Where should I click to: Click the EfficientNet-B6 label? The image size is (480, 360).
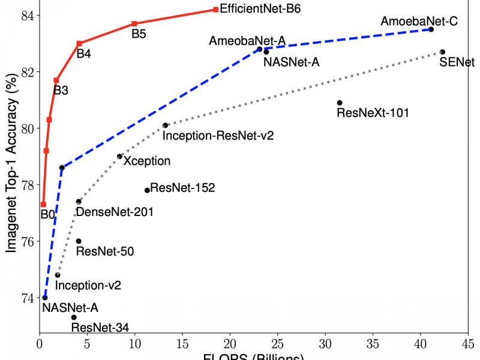(x=260, y=10)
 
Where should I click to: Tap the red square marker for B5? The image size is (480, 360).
(x=134, y=23)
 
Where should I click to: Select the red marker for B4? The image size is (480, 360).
(x=79, y=43)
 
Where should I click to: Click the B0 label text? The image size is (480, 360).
(x=47, y=214)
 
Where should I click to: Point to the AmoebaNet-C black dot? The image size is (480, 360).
(x=431, y=29)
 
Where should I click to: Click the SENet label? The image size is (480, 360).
(x=457, y=62)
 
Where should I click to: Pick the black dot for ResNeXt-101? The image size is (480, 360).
(x=340, y=103)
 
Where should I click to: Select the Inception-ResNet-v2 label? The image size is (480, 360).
(x=218, y=136)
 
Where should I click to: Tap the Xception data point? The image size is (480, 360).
(x=119, y=157)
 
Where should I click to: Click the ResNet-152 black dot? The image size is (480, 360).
(x=147, y=190)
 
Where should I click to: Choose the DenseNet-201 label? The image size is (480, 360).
(x=115, y=212)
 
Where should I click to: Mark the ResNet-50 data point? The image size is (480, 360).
(x=79, y=241)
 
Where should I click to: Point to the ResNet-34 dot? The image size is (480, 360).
(x=74, y=317)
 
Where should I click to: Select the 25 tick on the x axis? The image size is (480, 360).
(x=278, y=345)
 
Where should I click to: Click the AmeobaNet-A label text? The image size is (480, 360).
(x=247, y=41)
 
